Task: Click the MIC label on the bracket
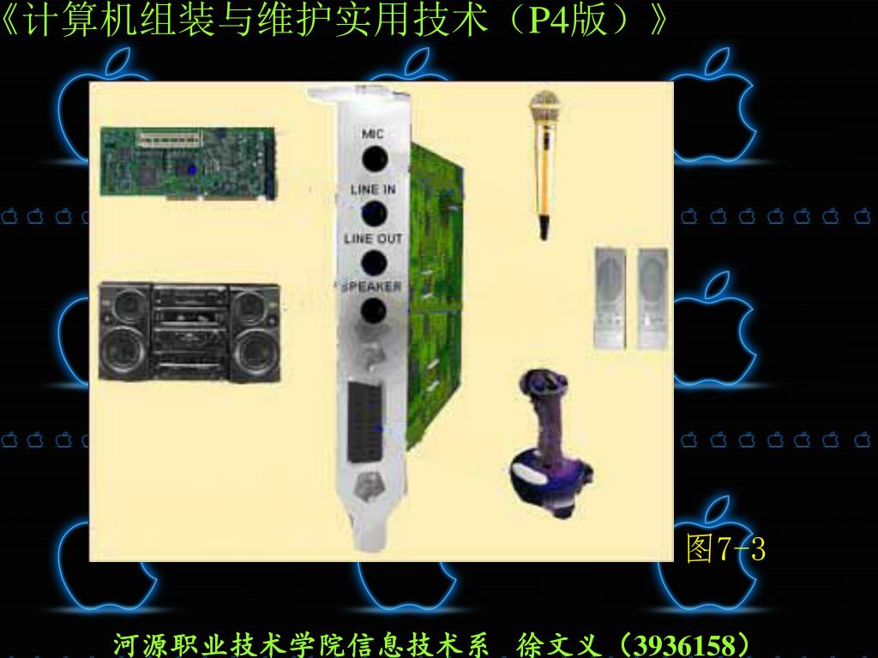372,134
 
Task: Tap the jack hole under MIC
375,159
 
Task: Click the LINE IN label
373,189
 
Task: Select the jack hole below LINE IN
374,213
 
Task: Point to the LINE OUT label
373,239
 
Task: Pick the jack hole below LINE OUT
374,263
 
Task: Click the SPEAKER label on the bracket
371,287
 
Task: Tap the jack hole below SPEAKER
374,311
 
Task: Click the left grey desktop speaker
610,298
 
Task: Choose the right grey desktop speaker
652,298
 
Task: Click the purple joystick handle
545,411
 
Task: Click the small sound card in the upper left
188,163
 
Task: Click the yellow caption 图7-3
725,547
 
